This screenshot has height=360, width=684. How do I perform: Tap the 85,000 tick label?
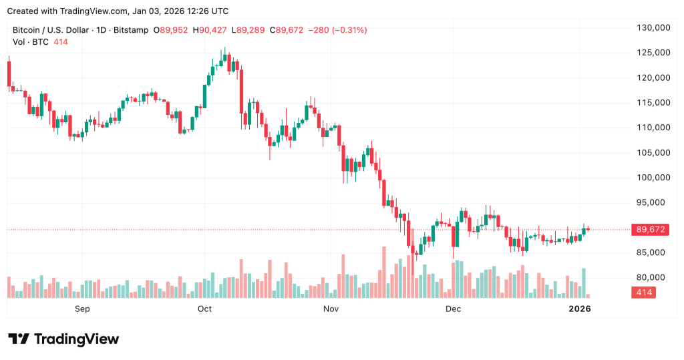pyautogui.click(x=655, y=252)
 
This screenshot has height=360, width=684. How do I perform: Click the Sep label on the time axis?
pyautogui.click(x=82, y=309)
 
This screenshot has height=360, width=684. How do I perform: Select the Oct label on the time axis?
pyautogui.click(x=204, y=309)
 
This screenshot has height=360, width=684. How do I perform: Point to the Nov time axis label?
pyautogui.click(x=331, y=309)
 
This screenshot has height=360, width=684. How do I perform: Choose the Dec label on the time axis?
pyautogui.click(x=454, y=309)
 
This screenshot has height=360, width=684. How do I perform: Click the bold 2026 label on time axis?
pyautogui.click(x=579, y=309)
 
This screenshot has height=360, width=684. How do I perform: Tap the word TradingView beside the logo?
pyautogui.click(x=75, y=339)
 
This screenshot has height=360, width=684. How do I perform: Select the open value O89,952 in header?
pyautogui.click(x=171, y=30)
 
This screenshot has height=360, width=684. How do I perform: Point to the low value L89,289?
pyautogui.click(x=248, y=30)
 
